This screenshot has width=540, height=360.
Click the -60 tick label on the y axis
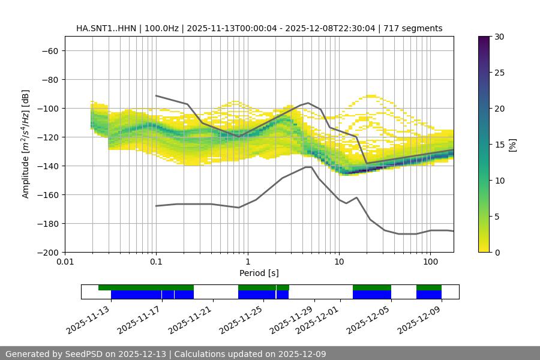pos(49,50)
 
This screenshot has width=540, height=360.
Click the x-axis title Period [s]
pos(259,273)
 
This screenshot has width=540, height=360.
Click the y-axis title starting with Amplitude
pos(26,144)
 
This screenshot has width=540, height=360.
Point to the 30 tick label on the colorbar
pos(499,37)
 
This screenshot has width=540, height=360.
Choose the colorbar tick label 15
pos(499,145)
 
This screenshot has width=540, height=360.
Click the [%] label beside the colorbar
pos(512,145)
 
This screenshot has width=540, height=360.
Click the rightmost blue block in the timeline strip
pos(429,295)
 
